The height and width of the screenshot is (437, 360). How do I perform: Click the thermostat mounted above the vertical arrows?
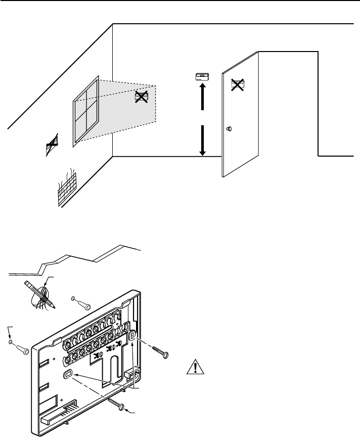[202, 77]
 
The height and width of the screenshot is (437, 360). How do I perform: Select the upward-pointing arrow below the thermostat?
[202, 96]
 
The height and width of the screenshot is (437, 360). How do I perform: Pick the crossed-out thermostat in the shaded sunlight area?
[141, 98]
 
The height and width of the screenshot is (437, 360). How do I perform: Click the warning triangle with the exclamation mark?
[193, 367]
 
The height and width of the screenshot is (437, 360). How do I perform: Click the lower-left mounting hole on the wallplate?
[68, 374]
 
